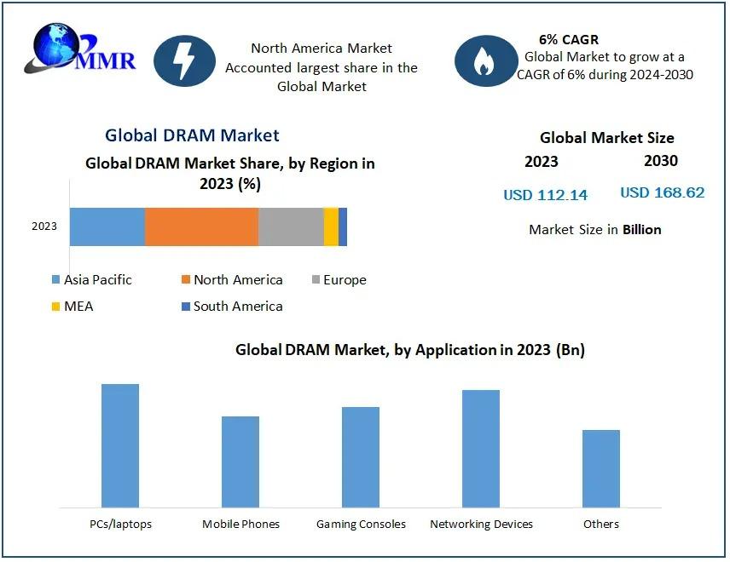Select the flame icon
coord(484,60)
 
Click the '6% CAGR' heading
coord(569,40)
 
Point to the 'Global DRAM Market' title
coord(192,135)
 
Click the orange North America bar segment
coord(201,227)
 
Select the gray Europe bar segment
coord(291,227)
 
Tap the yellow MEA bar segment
coord(331,227)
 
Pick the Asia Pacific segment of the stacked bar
coord(107,227)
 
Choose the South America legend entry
coord(231,307)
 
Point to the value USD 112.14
coord(545,195)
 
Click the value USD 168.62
coord(662,192)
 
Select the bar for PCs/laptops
coord(120,445)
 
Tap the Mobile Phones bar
coord(240,462)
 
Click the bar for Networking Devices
coord(481,449)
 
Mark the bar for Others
coord(601,468)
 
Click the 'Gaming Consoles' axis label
coord(361,525)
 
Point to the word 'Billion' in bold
coord(641,230)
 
